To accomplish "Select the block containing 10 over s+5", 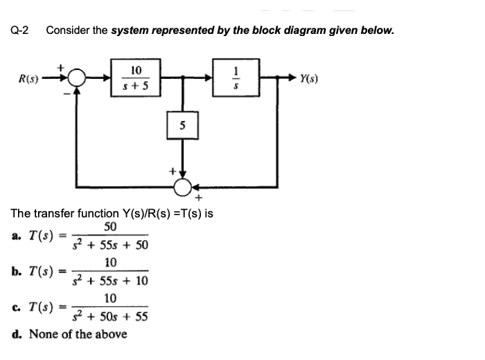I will click(x=136, y=78).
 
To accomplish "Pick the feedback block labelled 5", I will click(x=183, y=127).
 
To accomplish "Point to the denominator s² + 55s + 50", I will click(x=111, y=246).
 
